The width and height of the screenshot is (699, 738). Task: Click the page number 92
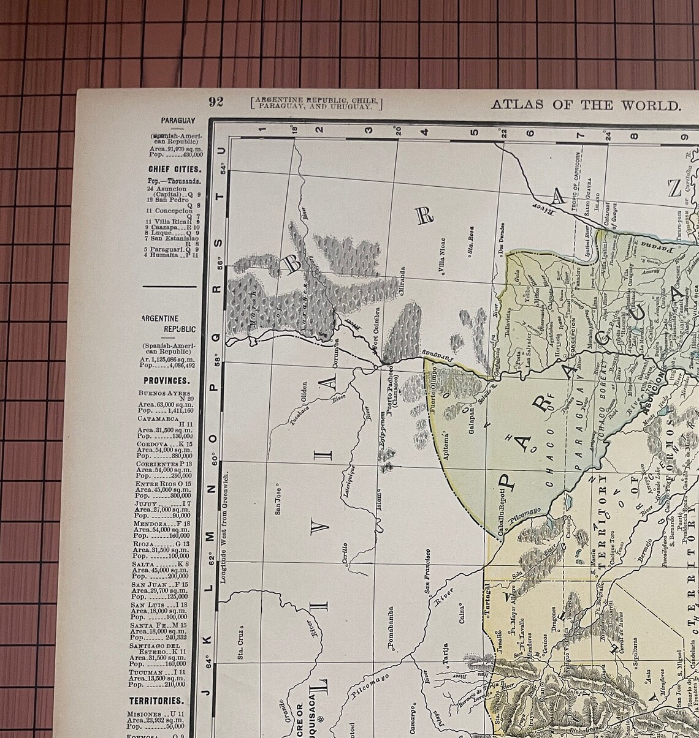click(x=216, y=102)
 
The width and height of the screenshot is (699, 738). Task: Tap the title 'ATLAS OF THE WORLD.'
click(x=586, y=105)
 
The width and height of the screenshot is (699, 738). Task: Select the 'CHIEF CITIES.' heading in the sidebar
click(x=175, y=169)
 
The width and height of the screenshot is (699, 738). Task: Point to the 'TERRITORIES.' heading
click(x=156, y=701)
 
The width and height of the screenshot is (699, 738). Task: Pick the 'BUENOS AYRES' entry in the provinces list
click(x=164, y=393)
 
